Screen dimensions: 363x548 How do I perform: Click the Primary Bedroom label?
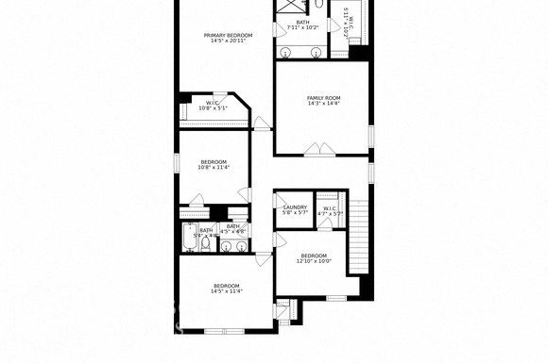tap(228, 35)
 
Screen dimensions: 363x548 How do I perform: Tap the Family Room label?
tap(323, 98)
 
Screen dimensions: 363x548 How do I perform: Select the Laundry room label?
tap(295, 207)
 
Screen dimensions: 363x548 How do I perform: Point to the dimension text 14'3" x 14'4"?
tap(323, 104)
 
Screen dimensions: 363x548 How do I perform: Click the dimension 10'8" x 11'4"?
tap(213, 168)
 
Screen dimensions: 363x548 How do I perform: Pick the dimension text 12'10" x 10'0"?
tap(314, 261)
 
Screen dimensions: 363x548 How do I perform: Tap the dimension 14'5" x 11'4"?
tap(226, 291)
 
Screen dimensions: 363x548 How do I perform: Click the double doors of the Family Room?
tap(318, 148)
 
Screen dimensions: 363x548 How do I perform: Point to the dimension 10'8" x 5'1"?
tap(213, 107)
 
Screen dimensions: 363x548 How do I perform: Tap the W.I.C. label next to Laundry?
tap(330, 208)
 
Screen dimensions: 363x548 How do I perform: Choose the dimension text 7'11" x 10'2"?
tap(302, 28)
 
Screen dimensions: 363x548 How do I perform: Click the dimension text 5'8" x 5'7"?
tap(295, 213)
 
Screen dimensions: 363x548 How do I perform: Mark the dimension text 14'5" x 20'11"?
tap(228, 41)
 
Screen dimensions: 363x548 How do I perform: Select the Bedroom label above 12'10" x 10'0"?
tap(314, 256)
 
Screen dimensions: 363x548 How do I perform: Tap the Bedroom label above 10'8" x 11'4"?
tap(213, 162)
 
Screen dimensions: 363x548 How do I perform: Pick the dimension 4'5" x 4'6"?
tap(233, 231)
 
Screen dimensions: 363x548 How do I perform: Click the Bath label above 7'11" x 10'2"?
tap(302, 23)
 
